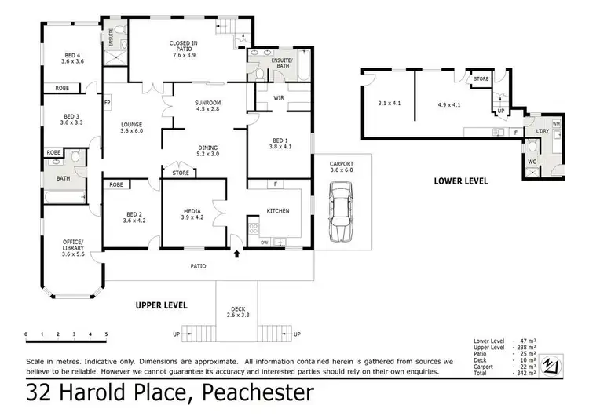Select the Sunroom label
click(208, 106)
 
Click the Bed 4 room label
click(73, 57)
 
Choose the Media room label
click(192, 212)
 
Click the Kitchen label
click(277, 210)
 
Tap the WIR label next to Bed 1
click(279, 98)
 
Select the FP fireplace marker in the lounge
click(108, 102)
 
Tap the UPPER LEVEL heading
click(161, 305)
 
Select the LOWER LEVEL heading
click(461, 181)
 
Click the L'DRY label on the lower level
click(542, 131)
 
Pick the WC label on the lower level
click(532, 162)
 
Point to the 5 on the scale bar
click(106, 334)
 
